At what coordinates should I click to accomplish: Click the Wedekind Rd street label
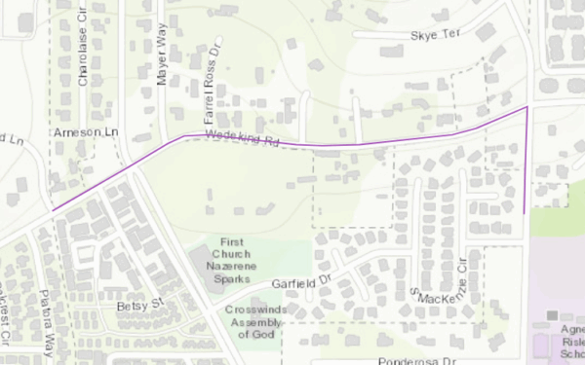click(242, 139)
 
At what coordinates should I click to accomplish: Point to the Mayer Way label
click(163, 57)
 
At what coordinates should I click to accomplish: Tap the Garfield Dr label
click(302, 282)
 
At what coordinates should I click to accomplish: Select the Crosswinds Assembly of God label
click(255, 322)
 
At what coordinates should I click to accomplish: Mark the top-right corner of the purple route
click(527, 107)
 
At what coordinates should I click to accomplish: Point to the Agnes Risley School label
click(569, 342)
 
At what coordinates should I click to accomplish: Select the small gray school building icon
click(552, 315)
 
